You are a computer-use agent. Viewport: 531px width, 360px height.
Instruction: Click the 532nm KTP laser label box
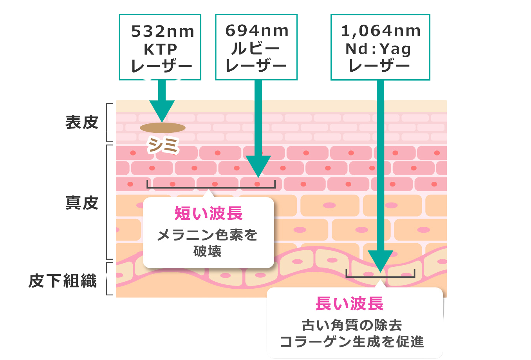tap(160, 47)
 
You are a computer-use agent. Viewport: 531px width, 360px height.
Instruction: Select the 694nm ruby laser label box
tap(256, 47)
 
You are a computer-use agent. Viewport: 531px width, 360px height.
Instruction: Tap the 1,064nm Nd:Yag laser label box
tap(380, 47)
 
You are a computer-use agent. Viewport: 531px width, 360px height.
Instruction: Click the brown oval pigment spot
tap(163, 128)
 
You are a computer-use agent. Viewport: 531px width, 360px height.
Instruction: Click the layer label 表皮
tap(81, 122)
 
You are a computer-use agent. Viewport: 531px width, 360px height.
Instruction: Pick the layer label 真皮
tap(81, 203)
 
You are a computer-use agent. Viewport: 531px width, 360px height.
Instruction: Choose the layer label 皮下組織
tap(63, 281)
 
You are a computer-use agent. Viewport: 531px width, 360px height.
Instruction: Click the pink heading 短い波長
tap(208, 213)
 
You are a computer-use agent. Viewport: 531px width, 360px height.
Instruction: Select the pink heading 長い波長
tap(349, 304)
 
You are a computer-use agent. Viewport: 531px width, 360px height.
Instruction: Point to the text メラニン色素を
tap(208, 235)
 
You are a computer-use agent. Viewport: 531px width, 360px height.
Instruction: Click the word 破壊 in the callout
tap(208, 251)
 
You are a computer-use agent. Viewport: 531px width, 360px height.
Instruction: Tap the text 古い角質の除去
tap(352, 325)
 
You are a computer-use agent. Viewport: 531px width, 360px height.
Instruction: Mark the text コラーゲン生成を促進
tap(352, 342)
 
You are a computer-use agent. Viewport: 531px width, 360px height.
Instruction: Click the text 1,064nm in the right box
tap(381, 31)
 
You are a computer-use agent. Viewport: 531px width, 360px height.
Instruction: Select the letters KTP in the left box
tap(161, 49)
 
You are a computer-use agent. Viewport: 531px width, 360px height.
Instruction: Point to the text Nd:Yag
tap(378, 49)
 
